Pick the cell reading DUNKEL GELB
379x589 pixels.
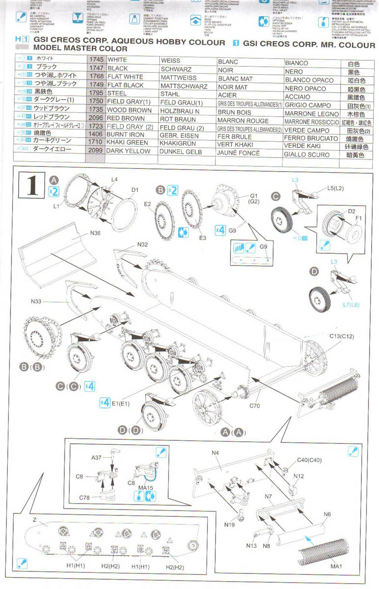pyautogui.click(x=179, y=152)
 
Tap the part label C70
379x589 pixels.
pyautogui.click(x=254, y=405)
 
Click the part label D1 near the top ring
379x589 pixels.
pyautogui.click(x=135, y=190)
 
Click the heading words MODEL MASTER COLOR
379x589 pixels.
pyautogui.click(x=80, y=49)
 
